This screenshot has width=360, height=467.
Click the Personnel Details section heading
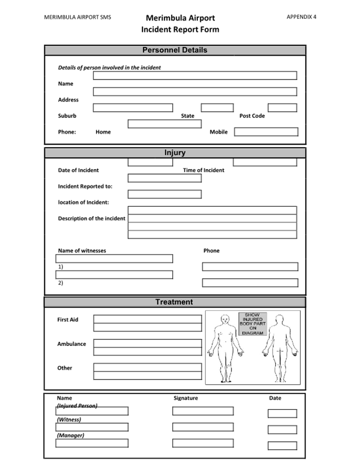(175, 50)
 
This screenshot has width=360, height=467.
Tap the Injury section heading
(175, 153)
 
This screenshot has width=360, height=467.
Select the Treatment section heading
(174, 302)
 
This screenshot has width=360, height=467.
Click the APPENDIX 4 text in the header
(301, 17)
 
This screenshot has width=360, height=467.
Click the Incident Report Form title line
(180, 29)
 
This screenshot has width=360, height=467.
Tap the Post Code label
(252, 116)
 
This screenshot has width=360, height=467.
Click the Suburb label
(67, 116)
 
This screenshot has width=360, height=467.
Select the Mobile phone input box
(266, 132)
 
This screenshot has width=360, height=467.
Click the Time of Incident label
(204, 170)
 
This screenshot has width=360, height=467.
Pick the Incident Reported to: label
(85, 186)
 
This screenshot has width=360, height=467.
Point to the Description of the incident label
(92, 218)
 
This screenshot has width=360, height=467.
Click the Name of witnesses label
(82, 250)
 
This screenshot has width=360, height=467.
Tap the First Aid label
(68, 320)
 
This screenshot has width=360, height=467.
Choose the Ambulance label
(71, 344)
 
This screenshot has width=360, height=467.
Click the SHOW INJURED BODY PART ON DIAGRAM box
(252, 323)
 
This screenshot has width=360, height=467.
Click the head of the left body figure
(225, 319)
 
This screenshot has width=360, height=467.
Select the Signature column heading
(186, 398)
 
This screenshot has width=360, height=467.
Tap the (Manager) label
(70, 436)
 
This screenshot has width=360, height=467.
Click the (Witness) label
(69, 419)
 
